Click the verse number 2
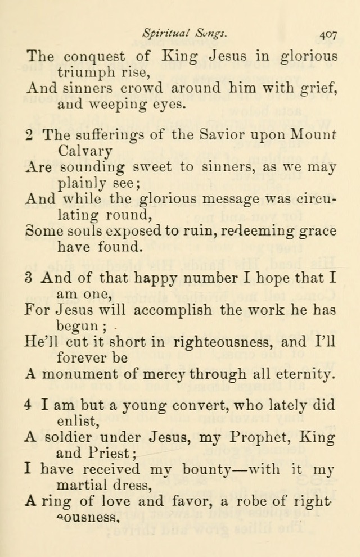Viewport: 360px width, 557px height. (x=29, y=135)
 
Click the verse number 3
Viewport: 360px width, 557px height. (x=29, y=278)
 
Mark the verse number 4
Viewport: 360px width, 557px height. (x=29, y=405)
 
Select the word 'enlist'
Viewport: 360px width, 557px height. (x=75, y=420)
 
